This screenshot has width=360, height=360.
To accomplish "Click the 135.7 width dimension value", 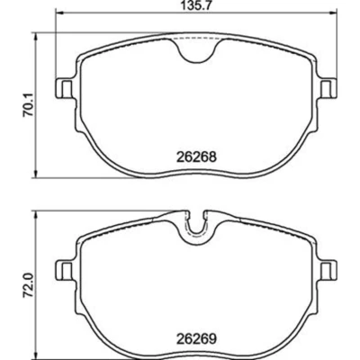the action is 196,5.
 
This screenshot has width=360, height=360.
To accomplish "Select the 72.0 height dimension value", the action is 27,286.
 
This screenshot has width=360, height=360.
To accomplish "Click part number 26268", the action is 196,157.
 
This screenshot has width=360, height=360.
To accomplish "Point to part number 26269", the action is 196,339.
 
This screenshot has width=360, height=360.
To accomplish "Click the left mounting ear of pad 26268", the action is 65,89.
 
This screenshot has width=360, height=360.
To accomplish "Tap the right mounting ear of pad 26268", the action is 328,88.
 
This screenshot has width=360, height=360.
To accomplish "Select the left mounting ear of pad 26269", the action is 65,271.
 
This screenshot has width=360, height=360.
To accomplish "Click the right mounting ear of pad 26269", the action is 328,270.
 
